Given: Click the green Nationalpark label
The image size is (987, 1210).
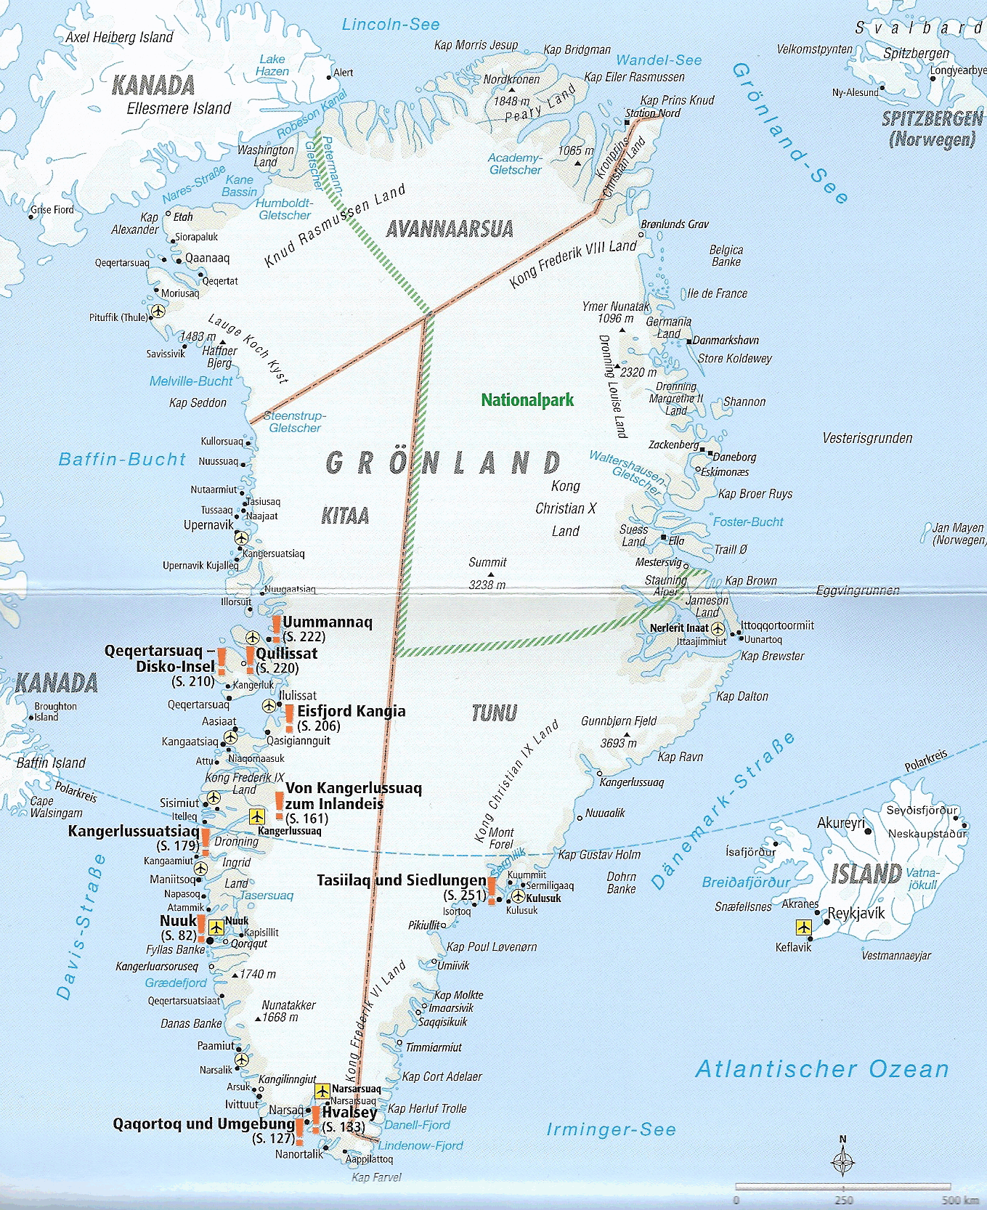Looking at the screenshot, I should point(527,400).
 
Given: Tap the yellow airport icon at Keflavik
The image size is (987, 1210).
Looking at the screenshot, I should point(803,927).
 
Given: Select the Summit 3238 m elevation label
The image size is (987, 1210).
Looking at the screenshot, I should point(487,573).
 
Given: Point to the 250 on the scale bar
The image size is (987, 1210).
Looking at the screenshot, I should point(844,1201).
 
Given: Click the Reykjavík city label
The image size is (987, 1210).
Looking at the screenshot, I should point(856,914).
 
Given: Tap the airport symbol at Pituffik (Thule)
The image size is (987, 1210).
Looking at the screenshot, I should point(158,312).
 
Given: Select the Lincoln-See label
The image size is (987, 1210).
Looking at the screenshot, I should point(391,25).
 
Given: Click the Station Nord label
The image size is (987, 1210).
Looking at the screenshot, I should point(653,113).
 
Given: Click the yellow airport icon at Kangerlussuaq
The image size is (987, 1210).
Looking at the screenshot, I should point(257,816).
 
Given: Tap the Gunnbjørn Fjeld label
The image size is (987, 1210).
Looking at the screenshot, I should point(618,721).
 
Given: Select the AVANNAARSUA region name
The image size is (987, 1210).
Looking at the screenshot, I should point(450,230).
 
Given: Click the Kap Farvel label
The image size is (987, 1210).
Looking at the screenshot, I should point(376,1177).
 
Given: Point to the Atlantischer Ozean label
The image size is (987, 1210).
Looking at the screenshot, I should point(822,1069).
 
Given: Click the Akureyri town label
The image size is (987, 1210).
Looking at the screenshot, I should point(841,823).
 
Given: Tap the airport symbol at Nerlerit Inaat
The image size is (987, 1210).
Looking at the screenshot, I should point(718,628).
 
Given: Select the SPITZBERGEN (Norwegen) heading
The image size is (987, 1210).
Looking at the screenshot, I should point(932,128).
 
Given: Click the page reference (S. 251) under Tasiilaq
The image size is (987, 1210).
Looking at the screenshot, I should point(465,896).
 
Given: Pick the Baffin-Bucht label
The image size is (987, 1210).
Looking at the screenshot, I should point(122,459).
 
